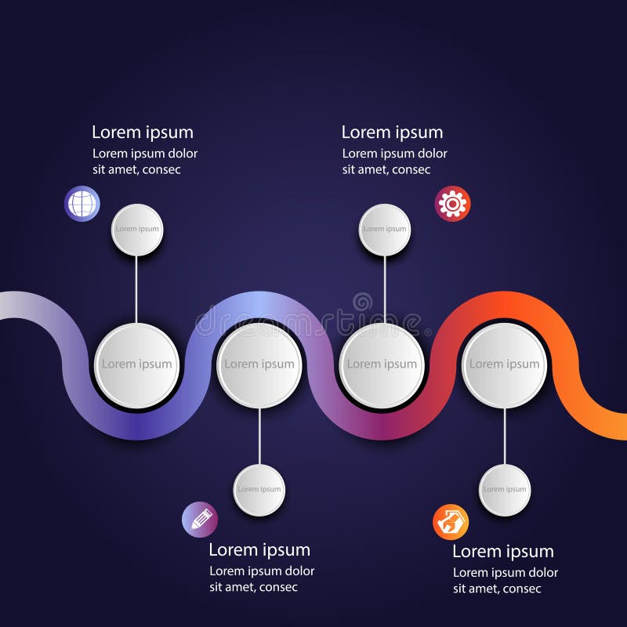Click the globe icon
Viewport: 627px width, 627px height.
[82, 204]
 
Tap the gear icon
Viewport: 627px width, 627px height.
[452, 204]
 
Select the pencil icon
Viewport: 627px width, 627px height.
[200, 519]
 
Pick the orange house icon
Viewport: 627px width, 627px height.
[451, 522]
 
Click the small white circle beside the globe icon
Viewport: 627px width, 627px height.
[137, 230]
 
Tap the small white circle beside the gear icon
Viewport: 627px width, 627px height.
[385, 230]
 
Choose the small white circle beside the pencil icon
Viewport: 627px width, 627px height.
[259, 490]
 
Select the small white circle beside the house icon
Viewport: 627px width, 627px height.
[505, 490]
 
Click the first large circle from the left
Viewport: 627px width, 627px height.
[137, 364]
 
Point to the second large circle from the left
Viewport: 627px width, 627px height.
[259, 364]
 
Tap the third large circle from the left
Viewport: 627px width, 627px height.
[382, 364]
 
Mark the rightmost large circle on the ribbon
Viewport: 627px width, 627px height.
[505, 364]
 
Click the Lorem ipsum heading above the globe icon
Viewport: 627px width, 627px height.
[143, 132]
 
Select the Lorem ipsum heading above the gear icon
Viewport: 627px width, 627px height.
[392, 132]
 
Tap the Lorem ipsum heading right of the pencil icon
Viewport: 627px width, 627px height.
[259, 550]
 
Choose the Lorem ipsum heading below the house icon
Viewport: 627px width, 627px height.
[503, 552]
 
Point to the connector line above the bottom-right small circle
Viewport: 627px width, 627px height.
[505, 436]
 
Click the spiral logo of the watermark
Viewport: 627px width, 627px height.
[363, 302]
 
